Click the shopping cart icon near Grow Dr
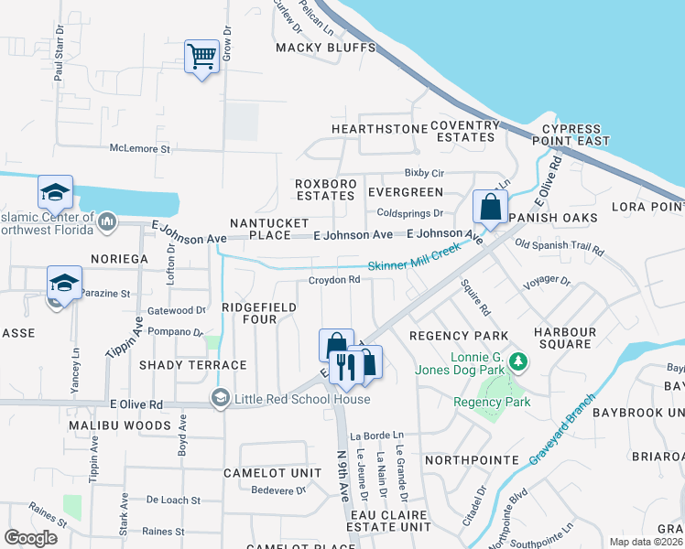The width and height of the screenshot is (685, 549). point(201,57)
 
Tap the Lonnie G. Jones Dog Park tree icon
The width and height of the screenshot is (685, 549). point(518,362)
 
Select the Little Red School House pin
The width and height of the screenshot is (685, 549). point(220,398)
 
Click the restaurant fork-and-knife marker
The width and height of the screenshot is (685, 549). point(345,366)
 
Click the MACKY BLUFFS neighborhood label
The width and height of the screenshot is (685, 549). point(326,48)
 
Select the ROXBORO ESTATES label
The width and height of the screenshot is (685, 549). point(324,191)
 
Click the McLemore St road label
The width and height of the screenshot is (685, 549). point(140,147)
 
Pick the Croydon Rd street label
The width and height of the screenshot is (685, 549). point(333,280)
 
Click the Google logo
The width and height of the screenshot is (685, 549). point(30,537)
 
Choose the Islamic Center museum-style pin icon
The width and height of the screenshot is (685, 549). point(107,221)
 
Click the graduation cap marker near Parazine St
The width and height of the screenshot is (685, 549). point(64,282)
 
